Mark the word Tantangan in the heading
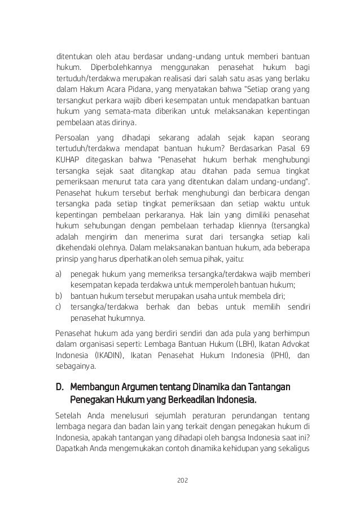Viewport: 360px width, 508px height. tap(269, 388)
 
